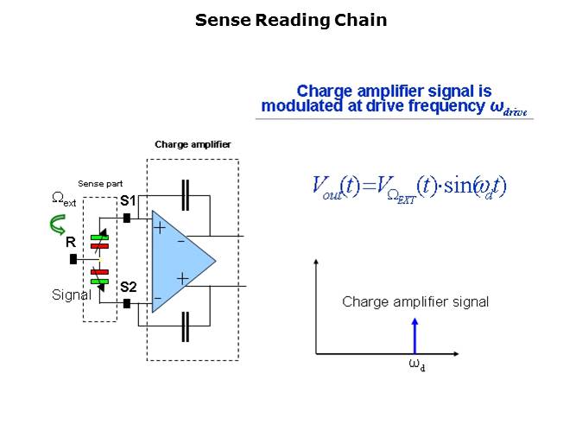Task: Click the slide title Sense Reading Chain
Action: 290,20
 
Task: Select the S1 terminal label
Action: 128,201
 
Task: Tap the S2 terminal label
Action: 128,287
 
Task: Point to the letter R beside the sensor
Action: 71,244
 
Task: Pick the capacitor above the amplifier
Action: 185,195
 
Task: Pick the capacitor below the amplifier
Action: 185,326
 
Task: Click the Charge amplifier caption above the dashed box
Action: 193,144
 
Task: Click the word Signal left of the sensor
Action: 71,294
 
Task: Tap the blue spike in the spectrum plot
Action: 415,336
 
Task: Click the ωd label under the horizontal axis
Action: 416,364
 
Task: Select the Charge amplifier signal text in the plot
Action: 415,301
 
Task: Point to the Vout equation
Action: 408,186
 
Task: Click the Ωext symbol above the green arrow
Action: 64,199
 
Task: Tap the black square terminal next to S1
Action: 127,218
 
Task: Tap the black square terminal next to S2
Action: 127,303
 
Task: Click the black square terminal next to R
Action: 73,258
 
